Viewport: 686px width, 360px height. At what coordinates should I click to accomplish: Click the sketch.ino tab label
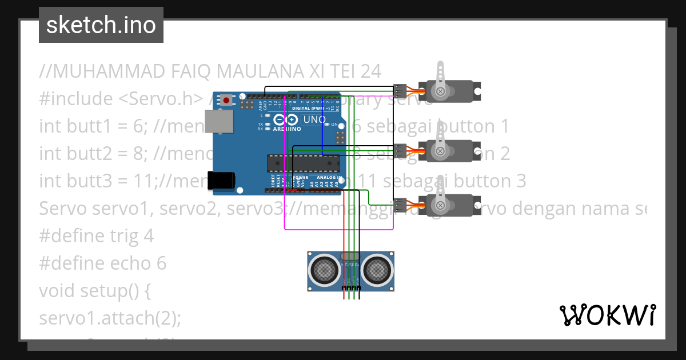101,25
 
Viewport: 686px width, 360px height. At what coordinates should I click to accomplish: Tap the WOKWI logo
607,315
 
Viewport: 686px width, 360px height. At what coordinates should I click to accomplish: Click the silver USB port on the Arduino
222,122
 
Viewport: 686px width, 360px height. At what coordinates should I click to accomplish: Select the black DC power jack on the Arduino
221,180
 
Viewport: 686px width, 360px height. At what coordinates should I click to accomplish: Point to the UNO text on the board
314,121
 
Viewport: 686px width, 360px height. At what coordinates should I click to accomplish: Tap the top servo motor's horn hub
440,91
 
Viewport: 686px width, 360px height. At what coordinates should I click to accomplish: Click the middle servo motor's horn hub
440,151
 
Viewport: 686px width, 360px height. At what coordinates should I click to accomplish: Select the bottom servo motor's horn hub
440,205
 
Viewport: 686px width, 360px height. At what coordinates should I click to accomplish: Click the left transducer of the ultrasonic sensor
326,269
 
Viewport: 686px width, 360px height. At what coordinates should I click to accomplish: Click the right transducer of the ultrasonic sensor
377,269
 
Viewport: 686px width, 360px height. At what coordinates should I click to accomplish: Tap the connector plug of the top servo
400,90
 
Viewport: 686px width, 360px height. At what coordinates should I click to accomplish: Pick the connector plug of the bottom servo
400,204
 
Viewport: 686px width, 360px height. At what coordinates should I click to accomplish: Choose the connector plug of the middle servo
400,150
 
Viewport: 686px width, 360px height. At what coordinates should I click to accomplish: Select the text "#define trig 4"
97,235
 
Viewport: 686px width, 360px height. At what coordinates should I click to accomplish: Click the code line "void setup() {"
95,290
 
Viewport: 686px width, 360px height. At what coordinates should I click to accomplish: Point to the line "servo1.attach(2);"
110,318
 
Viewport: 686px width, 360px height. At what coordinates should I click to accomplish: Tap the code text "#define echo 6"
103,263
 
